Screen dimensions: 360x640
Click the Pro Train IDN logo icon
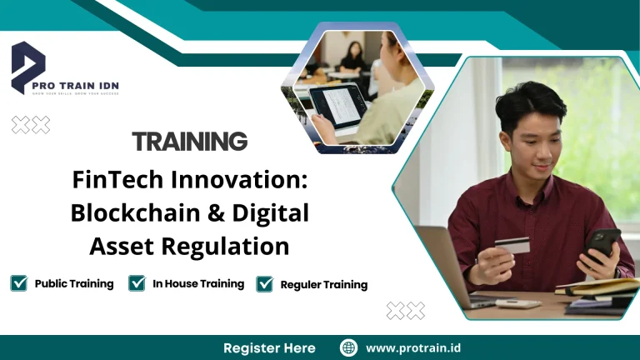coord(27,67)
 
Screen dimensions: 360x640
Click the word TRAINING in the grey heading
coord(189,141)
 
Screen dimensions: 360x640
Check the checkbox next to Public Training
coord(19,283)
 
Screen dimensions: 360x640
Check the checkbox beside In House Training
coord(137,283)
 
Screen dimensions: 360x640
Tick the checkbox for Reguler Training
coord(265,284)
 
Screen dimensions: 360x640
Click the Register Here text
coord(269,347)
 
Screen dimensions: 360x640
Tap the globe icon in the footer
coord(349,347)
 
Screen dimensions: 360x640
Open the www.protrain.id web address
coord(413,347)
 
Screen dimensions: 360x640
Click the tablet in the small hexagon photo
coord(342,109)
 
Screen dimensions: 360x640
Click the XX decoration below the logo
coord(31,125)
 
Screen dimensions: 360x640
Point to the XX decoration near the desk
coord(406,311)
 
